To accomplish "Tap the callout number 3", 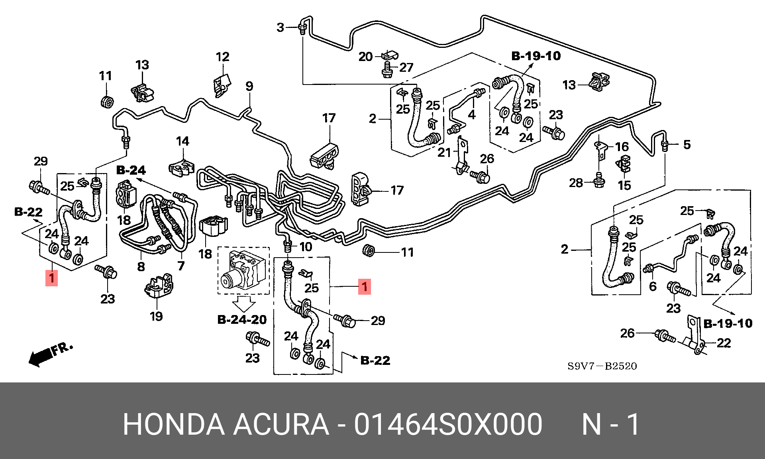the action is (280, 28).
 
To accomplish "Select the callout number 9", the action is (249, 86).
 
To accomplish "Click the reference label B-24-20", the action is (242, 319).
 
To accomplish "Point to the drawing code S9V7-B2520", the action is (602, 366).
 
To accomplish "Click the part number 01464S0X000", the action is (448, 424).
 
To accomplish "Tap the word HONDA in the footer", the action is (173, 424).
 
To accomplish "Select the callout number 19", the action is (156, 316).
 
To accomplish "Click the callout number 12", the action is (223, 57).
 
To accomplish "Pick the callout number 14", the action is (182, 141).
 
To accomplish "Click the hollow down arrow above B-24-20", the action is (243, 304).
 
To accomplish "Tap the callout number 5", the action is (687, 145).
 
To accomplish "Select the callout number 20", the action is (365, 57).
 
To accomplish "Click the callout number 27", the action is (406, 67).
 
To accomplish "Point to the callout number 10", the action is (306, 247).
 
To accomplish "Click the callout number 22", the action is (724, 343).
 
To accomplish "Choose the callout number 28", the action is (576, 183).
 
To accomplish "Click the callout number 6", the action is (653, 286).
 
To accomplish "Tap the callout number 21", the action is (444, 152).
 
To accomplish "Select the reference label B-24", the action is (131, 170).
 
